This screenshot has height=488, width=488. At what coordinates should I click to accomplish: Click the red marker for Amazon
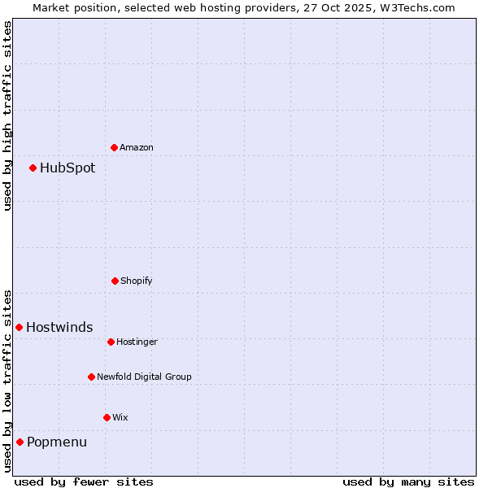pos(114,147)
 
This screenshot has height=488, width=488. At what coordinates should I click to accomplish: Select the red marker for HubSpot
pos(33,168)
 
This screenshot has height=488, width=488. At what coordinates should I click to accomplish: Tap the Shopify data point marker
pos(115,281)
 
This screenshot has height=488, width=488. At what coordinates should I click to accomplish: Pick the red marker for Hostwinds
pos(19,327)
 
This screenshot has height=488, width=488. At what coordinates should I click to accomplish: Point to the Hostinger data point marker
pos(111,342)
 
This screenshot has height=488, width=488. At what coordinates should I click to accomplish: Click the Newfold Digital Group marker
pos(91,377)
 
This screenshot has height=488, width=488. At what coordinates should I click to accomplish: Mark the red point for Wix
pos(107,417)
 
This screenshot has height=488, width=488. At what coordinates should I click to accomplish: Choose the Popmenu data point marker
pos(20,442)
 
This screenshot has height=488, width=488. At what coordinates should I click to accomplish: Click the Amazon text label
pos(137,147)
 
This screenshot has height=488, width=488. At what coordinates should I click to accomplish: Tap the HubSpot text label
pos(68,168)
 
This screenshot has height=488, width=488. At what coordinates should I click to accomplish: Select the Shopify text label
pos(137,281)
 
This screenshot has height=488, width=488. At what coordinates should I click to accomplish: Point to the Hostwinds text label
pos(59,327)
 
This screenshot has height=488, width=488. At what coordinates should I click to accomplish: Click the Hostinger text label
pos(137,342)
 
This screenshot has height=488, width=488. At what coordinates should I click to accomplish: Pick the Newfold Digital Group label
pos(144,377)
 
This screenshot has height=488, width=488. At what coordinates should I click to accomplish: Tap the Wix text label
pos(120,417)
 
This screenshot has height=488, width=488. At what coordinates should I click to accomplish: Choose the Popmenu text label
pos(57,442)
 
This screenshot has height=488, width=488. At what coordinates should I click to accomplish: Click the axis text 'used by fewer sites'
pos(84,481)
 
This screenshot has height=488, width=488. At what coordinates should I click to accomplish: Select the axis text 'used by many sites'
pos(408,481)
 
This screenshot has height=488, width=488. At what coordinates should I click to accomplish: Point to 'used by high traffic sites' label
pos(7,115)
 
